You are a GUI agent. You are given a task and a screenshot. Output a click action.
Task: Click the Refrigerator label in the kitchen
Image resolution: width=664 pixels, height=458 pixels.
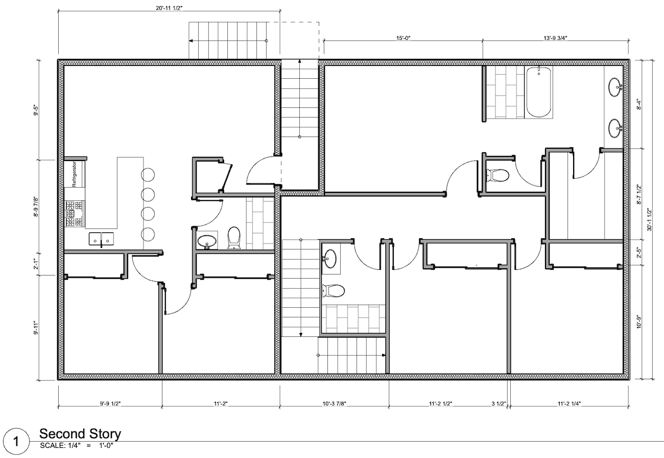(x=74, y=174)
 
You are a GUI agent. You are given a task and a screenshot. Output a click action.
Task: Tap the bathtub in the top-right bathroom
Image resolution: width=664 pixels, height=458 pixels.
(x=538, y=92)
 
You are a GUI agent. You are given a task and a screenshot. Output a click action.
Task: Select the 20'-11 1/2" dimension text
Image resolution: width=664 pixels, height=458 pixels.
(x=169, y=8)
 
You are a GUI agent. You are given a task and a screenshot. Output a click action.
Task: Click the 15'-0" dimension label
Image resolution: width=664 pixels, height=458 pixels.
(x=403, y=38)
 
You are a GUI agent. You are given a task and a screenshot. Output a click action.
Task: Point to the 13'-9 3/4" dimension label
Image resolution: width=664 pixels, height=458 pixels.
(x=555, y=38)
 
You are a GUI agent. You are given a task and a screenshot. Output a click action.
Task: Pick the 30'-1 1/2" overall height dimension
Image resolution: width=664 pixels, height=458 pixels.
(x=650, y=220)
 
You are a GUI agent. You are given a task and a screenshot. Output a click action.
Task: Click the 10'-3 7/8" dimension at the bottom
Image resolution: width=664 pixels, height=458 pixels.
(x=335, y=403)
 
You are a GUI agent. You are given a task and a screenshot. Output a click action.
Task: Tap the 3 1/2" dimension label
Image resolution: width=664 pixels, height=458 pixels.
(x=499, y=403)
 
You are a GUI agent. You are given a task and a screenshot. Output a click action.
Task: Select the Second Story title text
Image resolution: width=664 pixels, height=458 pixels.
(x=80, y=433)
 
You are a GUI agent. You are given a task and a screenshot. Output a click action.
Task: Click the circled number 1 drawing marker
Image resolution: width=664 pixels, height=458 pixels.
(x=16, y=442)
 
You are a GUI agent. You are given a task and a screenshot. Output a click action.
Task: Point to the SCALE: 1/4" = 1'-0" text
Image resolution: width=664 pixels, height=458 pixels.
(x=77, y=446)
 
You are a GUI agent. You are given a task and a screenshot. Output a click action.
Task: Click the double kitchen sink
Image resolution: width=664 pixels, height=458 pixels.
(x=101, y=239)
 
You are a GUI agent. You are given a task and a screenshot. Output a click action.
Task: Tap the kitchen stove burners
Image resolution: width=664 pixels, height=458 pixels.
(x=74, y=214)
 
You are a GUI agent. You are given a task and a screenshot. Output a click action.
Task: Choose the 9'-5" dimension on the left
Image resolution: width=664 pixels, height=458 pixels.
(x=36, y=110)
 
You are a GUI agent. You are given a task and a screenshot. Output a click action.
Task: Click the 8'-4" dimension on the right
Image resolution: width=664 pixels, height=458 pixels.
(x=639, y=104)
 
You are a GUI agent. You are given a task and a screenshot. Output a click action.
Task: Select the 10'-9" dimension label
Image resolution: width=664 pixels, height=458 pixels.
(x=639, y=322)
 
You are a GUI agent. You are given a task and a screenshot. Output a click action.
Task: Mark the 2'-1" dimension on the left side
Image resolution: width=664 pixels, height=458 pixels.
(x=36, y=264)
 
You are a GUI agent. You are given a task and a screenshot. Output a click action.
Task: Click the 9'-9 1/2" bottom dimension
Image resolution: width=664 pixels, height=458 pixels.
(x=110, y=403)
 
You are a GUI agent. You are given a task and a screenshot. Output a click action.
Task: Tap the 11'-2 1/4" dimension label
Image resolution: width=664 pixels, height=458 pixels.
(x=569, y=403)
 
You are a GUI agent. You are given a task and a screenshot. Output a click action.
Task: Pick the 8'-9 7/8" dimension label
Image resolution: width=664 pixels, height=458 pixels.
(x=36, y=207)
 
